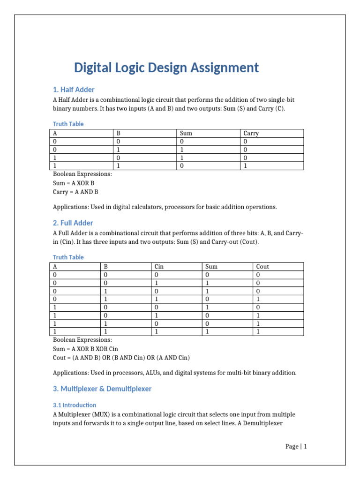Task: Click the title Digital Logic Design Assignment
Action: click(166, 68)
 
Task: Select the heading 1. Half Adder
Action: click(74, 90)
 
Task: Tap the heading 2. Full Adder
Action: click(73, 223)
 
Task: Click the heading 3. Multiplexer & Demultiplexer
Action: click(102, 389)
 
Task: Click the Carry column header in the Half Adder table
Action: click(251, 133)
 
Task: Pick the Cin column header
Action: click(160, 266)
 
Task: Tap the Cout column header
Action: click(262, 266)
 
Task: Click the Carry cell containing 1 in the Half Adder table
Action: click(245, 165)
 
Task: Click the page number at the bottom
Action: click(296, 446)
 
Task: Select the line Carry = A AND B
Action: click(75, 192)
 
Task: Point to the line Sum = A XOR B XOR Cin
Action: click(86, 349)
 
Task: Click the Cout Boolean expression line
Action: click(121, 358)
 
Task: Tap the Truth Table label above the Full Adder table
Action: click(68, 257)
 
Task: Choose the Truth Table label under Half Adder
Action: click(68, 124)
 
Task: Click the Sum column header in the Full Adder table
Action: click(211, 266)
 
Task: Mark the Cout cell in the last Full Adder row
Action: click(258, 331)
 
